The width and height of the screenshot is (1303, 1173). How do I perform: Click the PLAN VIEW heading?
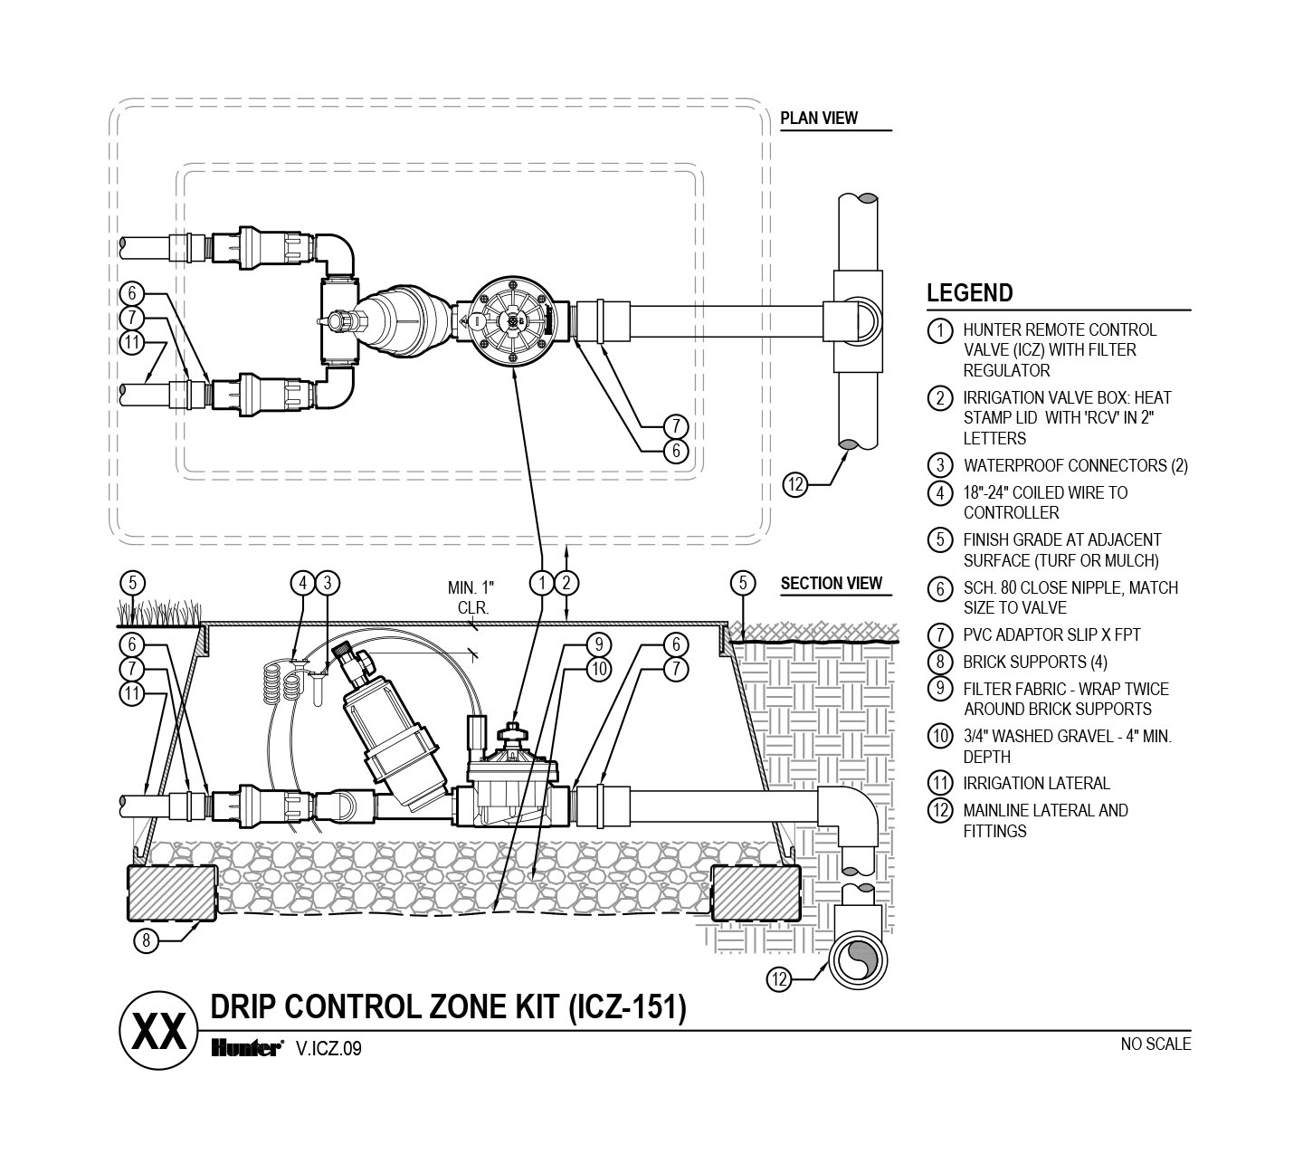click(818, 119)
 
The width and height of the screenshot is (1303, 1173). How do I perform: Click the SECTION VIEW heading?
click(832, 584)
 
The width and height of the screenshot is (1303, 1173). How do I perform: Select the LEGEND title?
click(969, 293)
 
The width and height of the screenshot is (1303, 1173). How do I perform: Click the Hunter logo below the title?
click(247, 1049)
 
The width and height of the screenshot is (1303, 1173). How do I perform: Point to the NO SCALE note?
click(1156, 1044)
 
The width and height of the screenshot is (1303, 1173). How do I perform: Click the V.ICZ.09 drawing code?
click(328, 1049)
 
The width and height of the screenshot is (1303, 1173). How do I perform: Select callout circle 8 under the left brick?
click(147, 941)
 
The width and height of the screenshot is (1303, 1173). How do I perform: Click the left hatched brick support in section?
click(172, 893)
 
